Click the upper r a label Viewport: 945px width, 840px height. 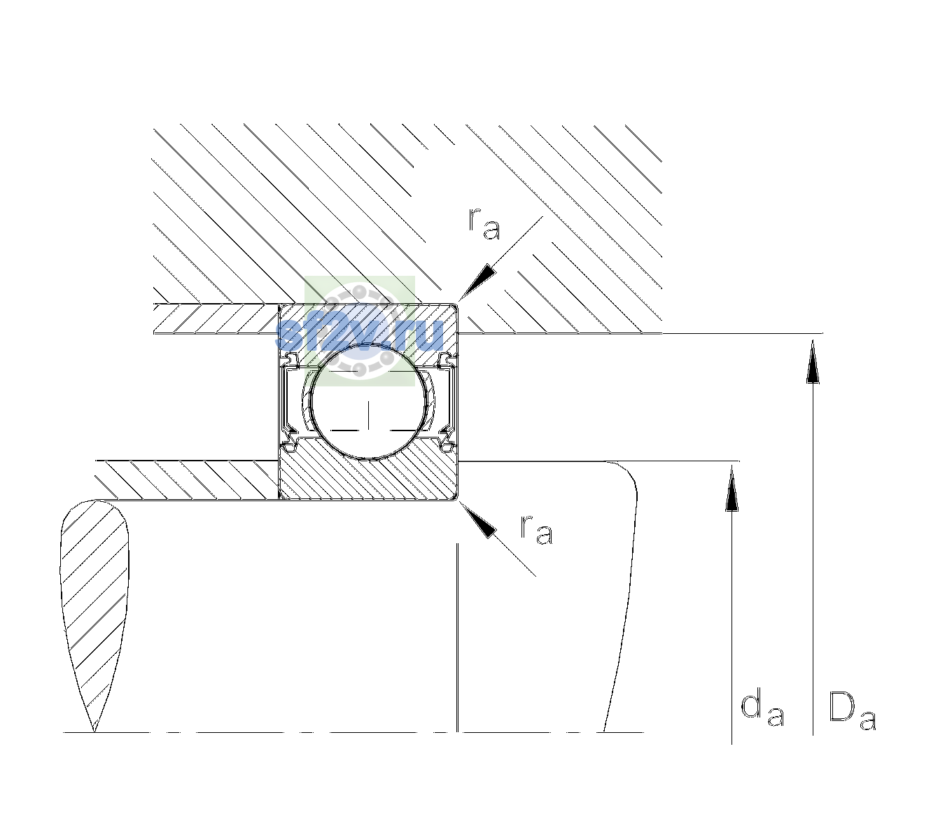[x=484, y=224]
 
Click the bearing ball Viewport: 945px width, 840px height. [x=368, y=402]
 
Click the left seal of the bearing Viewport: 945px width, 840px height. [x=288, y=402]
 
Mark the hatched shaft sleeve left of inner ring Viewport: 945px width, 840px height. [x=187, y=480]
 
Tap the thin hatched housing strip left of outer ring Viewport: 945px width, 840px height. [x=216, y=319]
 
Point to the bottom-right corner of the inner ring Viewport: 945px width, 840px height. [x=458, y=500]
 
